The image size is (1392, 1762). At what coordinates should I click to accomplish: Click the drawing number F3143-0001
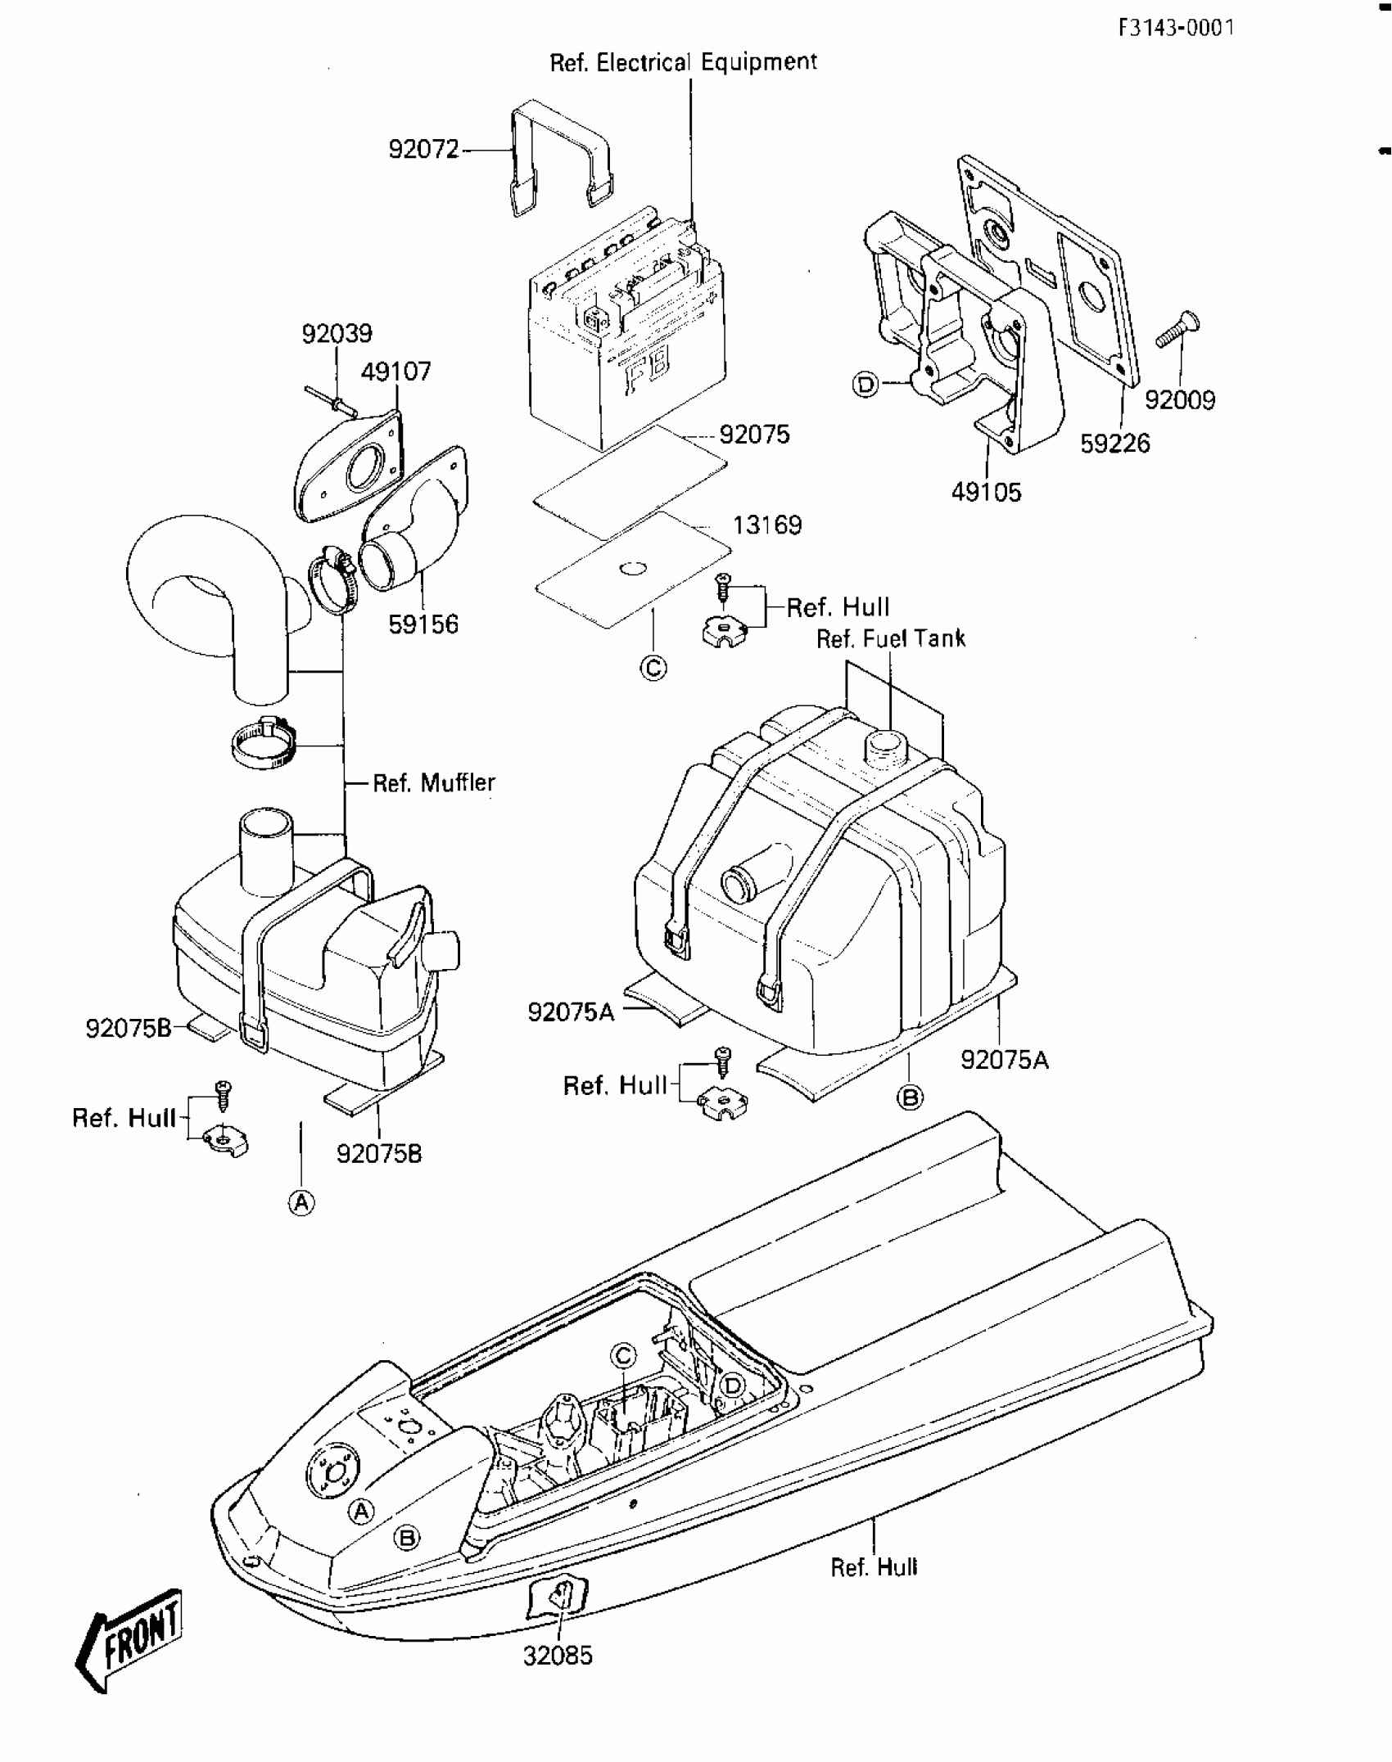coord(1176,29)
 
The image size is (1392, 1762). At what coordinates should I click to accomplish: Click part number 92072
coord(423,150)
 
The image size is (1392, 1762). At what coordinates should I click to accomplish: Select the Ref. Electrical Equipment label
coord(683,63)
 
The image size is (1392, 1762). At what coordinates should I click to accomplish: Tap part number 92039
coord(337,334)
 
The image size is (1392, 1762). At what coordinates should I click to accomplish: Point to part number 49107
coord(395,372)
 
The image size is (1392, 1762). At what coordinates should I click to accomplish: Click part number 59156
coord(423,624)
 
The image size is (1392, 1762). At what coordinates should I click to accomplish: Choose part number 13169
coord(766,525)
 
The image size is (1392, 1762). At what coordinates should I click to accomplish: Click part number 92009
coord(1179,400)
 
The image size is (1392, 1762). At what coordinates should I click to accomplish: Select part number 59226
coord(1114,444)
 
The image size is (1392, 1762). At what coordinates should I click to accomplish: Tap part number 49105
coord(986,492)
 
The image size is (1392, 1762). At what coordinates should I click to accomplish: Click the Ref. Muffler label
coord(434,783)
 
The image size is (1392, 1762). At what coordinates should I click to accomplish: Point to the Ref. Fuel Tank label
coord(891,638)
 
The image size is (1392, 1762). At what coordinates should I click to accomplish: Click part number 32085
coord(558,1656)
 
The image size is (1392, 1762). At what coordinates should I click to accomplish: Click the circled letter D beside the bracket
coord(865,384)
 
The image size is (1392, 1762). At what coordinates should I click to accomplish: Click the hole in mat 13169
coord(632,568)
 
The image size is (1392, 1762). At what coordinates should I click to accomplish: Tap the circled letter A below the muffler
coord(301,1202)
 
